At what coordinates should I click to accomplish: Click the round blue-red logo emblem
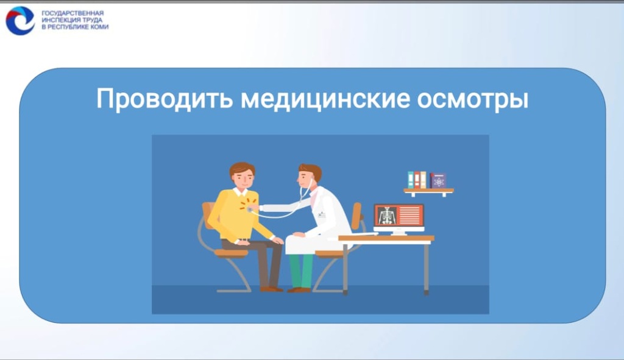(x=20, y=20)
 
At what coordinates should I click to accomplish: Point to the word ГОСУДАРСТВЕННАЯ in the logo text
(x=73, y=13)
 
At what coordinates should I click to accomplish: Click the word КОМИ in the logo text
(x=99, y=27)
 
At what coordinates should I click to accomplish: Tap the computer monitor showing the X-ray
(x=399, y=216)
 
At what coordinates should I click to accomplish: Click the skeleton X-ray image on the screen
(x=386, y=216)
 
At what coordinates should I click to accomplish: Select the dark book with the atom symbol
(x=438, y=180)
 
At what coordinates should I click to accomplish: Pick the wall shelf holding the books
(x=428, y=191)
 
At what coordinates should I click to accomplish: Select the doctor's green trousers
(x=301, y=270)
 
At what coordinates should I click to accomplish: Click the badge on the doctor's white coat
(x=322, y=214)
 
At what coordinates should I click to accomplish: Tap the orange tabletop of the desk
(x=386, y=238)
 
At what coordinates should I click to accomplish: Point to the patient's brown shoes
(x=271, y=289)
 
